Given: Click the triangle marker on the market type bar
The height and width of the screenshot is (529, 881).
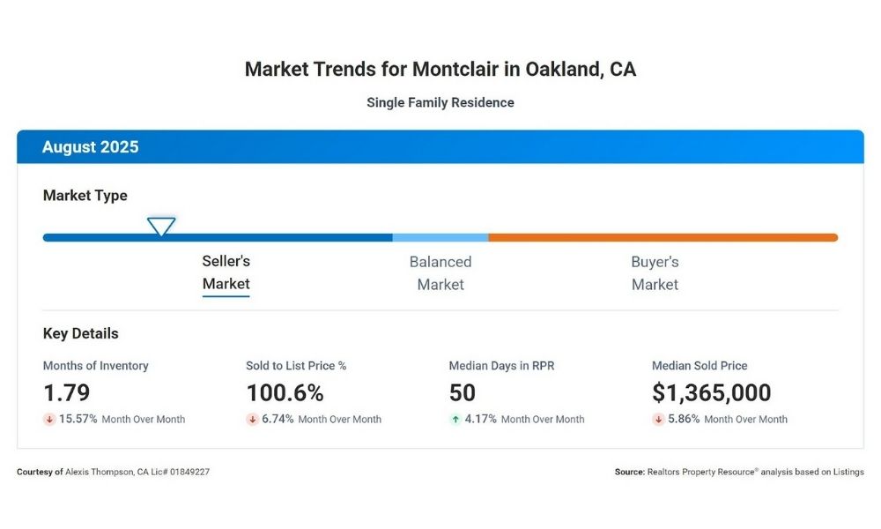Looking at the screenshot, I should (160, 226).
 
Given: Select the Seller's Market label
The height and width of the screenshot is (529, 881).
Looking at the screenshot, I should (226, 272).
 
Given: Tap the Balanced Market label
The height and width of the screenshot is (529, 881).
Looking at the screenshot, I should (440, 273).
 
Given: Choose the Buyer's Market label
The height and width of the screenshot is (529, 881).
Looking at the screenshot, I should (655, 273).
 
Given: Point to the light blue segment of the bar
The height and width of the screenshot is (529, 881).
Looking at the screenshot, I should (440, 237).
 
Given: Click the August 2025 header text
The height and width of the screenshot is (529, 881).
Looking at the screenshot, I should (91, 147).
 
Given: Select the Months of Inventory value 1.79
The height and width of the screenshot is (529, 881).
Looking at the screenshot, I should (67, 392).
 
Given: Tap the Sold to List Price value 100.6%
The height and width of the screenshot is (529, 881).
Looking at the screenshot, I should (285, 392).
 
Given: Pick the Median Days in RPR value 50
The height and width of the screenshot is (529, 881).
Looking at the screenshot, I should (463, 392).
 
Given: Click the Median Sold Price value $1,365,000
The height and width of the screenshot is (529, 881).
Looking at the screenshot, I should (711, 392).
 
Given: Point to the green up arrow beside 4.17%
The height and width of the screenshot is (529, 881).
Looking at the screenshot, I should (455, 420).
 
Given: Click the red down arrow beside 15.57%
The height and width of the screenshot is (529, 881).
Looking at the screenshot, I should (49, 420).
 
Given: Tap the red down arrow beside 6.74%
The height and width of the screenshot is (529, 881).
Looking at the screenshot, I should (252, 420).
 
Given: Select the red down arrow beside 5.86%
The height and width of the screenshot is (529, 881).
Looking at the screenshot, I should (658, 420).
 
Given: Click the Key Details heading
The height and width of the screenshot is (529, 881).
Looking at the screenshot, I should (81, 334).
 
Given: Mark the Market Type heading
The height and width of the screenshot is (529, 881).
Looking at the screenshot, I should (85, 196).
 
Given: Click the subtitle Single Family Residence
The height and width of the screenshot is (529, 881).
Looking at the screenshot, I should (440, 102).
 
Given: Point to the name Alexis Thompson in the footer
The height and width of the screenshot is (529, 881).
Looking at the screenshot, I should (99, 473).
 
